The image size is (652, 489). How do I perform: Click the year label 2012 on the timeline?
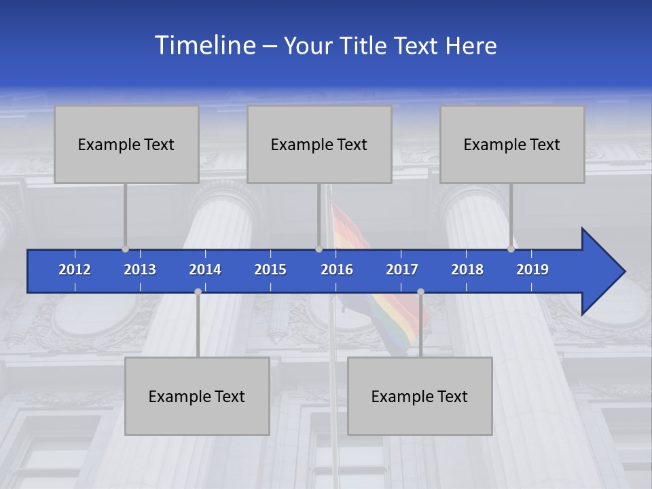point(75,270)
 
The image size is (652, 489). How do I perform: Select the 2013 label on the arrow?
point(140,270)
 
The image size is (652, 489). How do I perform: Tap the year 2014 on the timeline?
point(205,270)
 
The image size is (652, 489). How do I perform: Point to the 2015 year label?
point(270,270)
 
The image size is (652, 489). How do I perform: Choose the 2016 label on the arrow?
point(337,270)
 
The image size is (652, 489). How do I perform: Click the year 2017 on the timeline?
point(402,270)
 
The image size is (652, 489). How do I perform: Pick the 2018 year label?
point(467,270)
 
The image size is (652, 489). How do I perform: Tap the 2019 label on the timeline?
point(532,270)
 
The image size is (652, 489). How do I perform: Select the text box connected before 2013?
point(126,144)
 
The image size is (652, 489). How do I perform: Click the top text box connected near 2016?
point(319,144)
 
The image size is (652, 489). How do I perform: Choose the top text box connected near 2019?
point(512,144)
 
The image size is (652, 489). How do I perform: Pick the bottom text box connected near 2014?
point(197,396)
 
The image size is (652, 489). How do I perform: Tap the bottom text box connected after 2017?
point(420,396)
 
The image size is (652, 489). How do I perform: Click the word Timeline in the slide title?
point(204,45)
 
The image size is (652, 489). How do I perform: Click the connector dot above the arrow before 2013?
point(126,249)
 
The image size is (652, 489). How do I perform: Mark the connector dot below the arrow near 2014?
point(198,291)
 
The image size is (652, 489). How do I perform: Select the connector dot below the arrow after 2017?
point(420,291)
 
